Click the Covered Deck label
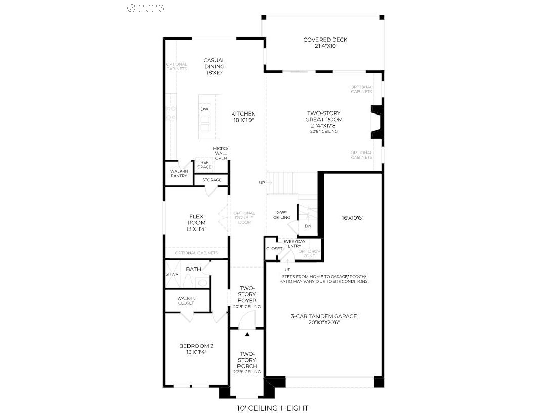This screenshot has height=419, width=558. point(325,43)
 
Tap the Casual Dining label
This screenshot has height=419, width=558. point(214,66)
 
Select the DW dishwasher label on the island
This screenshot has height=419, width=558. point(204,109)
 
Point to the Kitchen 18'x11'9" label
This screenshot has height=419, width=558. point(244,117)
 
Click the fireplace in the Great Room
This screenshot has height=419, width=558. point(376,122)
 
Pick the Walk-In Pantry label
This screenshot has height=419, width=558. point(178,173)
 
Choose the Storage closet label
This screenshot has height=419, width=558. point(212,180)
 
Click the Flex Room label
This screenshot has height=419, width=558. point(196,222)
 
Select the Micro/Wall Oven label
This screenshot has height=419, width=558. point(221,153)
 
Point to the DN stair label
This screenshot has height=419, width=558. point(308,226)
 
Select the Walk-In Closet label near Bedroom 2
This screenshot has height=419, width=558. point(186,301)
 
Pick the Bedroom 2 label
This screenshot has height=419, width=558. point(196,349)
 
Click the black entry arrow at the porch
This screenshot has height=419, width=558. point(247,334)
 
